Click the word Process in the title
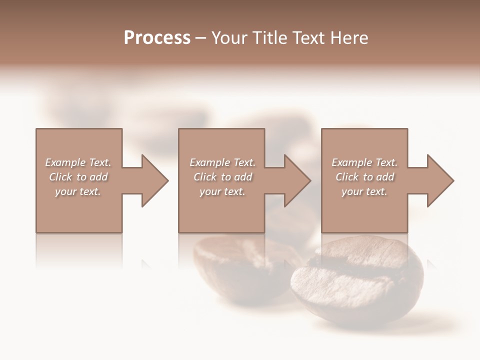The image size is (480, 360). (x=157, y=38)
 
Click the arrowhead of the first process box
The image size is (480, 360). (x=154, y=180)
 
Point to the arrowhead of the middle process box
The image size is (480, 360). (x=296, y=180)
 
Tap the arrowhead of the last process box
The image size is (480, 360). (x=439, y=180)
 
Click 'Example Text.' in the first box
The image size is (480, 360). (x=78, y=162)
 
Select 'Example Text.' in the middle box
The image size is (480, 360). (x=222, y=162)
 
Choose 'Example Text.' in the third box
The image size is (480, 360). (x=364, y=162)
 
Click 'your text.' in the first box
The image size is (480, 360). (x=78, y=191)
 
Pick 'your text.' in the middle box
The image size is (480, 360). (x=222, y=191)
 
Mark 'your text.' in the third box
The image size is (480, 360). (x=364, y=191)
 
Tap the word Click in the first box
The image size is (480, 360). (x=61, y=177)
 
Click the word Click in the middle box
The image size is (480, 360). (x=205, y=177)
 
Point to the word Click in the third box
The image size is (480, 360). (x=347, y=177)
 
